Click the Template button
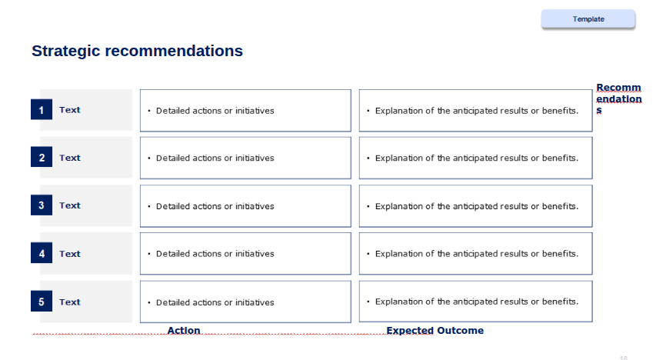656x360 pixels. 588,18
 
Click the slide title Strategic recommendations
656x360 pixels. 137,51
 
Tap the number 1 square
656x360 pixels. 42,110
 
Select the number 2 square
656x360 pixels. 42,157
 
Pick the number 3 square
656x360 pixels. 42,205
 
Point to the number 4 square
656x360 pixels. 42,253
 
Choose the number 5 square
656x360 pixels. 42,302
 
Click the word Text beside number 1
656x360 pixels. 69,110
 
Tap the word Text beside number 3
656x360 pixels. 69,205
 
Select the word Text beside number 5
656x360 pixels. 69,302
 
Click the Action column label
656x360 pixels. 184,330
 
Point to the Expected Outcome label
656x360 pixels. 435,330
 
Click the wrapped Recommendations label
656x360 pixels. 619,98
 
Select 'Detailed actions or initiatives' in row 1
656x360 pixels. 215,111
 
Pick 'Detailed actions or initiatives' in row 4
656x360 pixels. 215,254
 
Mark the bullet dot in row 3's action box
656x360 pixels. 149,206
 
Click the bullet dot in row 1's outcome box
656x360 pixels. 368,111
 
